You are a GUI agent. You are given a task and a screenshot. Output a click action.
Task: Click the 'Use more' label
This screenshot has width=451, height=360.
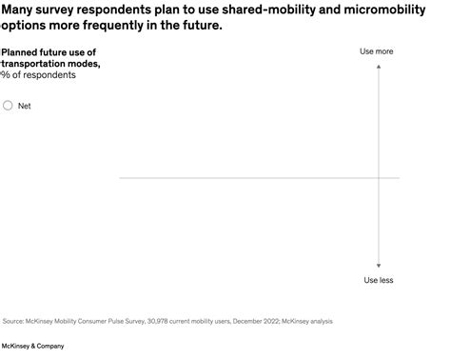pos(378,51)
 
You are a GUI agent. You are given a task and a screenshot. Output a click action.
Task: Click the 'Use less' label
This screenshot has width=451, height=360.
pos(379,280)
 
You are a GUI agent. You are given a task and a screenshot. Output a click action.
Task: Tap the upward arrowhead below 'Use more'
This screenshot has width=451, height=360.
pos(379,66)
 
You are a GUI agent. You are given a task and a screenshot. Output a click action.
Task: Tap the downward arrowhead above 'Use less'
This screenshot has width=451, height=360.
pos(379,266)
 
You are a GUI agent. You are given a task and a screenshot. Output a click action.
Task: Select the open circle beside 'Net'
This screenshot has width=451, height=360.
pos(9,106)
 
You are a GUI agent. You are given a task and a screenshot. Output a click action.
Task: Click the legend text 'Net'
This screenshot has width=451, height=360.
pos(25,106)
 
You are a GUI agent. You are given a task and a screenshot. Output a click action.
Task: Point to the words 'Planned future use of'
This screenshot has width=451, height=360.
pos(49,51)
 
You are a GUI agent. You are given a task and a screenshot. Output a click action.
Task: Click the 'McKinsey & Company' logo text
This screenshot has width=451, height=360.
pos(33,346)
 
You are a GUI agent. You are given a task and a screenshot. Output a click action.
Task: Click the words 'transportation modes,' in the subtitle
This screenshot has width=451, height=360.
pos(44,63)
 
